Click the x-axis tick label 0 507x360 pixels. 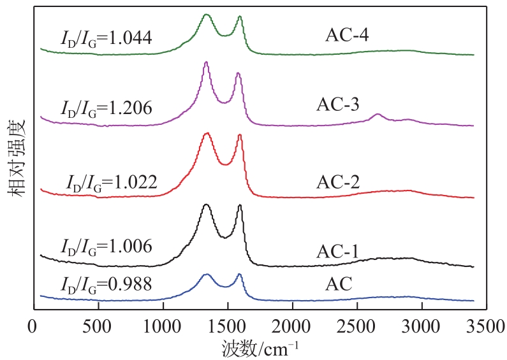coord(33,328)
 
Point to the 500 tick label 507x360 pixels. coord(98,328)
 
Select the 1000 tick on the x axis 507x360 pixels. coord(163,328)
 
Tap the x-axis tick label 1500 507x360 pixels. coord(227,328)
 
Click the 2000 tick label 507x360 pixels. coord(292,328)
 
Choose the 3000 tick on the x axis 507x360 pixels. coord(422,328)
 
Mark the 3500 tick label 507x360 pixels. coord(486,328)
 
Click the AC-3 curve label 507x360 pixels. coord(338,104)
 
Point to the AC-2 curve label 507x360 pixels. coord(338,182)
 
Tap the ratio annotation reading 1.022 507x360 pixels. coord(112,182)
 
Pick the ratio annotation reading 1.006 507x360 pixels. coord(105,246)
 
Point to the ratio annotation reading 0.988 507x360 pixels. coord(105,284)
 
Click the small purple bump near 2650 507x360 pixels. coord(378,115)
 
